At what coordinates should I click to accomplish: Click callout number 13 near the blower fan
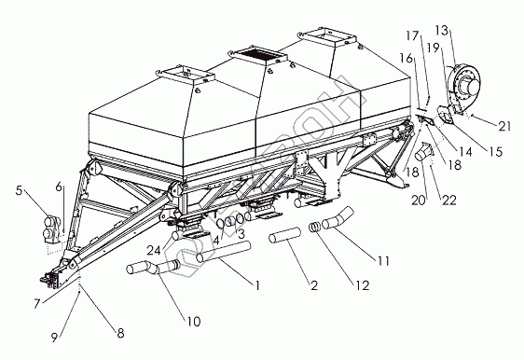click(x=441, y=31)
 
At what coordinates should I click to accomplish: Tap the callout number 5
click(x=19, y=190)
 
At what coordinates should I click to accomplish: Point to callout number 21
click(x=504, y=126)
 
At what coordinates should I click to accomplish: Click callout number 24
click(x=154, y=249)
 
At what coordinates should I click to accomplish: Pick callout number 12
click(x=362, y=285)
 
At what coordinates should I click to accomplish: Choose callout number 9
click(x=54, y=337)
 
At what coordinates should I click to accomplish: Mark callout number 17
click(x=412, y=35)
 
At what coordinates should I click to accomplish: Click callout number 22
click(x=448, y=200)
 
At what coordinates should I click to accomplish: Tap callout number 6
click(x=59, y=187)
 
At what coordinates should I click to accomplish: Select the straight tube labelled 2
click(x=284, y=234)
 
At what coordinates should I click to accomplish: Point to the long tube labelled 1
click(x=224, y=252)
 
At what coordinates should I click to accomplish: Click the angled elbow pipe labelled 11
click(x=338, y=218)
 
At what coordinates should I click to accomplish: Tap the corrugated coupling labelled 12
click(x=314, y=227)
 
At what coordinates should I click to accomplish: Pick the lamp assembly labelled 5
click(x=52, y=229)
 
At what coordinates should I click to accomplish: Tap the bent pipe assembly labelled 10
click(x=153, y=267)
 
